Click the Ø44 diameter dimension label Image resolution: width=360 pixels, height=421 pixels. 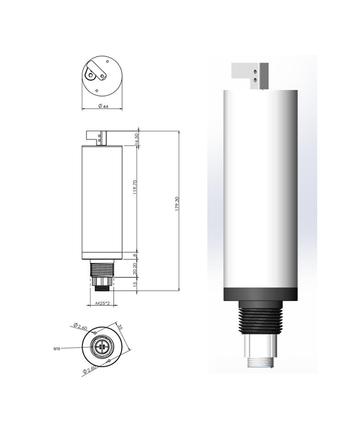[103, 107]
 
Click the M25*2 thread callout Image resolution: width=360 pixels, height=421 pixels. [103, 304]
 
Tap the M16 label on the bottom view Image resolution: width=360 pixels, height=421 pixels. [57, 349]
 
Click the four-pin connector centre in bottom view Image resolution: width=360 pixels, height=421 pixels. [103, 346]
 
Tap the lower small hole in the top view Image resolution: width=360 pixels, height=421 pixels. [97, 90]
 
